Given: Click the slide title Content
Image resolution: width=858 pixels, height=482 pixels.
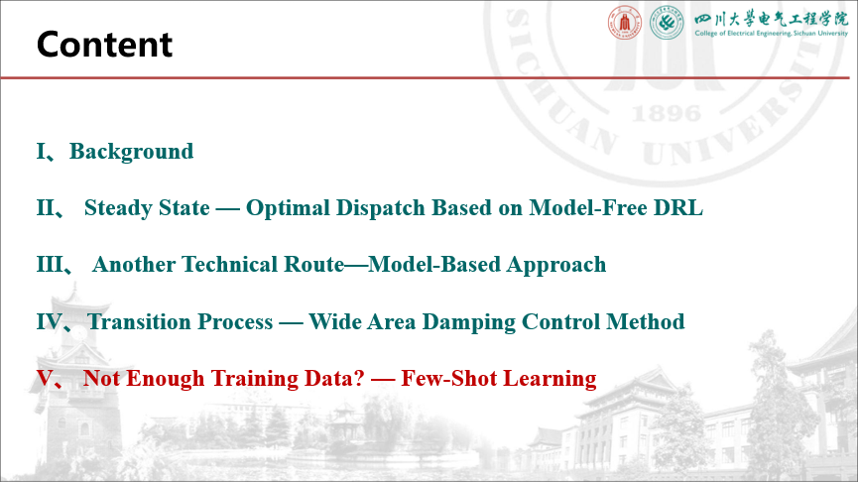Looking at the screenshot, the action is coord(104,45).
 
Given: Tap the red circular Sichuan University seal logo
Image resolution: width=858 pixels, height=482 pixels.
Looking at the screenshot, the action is coord(625,23).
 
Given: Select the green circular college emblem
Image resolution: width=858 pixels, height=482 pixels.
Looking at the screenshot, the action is coord(667,23).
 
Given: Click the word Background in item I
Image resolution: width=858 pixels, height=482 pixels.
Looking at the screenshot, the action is coord(131,152).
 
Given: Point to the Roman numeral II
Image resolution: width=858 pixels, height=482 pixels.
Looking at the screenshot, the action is coord(46,208).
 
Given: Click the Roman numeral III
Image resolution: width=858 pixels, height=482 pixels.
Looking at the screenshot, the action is coord(50,264).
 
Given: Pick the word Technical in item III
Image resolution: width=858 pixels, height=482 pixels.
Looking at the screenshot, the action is coord(231,264).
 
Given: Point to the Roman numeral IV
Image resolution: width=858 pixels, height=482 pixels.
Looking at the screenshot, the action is coord(49,321).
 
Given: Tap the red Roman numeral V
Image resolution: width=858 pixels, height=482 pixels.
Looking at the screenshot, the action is coord(45,378).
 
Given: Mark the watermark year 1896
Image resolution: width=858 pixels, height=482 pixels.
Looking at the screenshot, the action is coord(667,114).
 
